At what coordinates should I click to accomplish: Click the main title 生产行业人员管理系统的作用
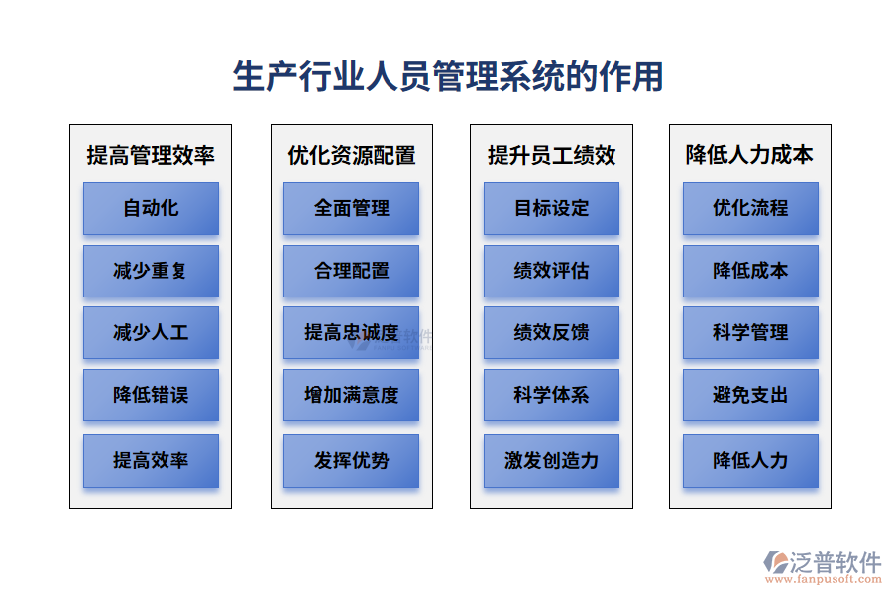click(x=448, y=76)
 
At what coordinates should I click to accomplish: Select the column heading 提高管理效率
click(x=151, y=155)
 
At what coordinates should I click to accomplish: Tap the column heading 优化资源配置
click(x=352, y=155)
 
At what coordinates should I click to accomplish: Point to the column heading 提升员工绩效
click(x=552, y=155)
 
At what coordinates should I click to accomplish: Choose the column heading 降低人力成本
click(x=750, y=155)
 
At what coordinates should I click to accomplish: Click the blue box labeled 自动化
click(x=151, y=208)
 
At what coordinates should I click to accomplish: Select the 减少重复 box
click(x=151, y=271)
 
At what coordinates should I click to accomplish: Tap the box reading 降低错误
click(x=151, y=395)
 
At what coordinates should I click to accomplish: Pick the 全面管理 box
click(x=352, y=208)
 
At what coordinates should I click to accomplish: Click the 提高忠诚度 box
click(x=352, y=333)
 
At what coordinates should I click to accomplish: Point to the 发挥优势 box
click(x=352, y=460)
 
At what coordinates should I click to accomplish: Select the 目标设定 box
click(x=552, y=208)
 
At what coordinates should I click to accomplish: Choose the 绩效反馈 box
click(x=552, y=333)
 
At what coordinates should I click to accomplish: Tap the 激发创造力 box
click(x=552, y=460)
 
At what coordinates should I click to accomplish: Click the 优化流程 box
click(x=750, y=208)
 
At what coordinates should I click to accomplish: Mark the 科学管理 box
click(x=750, y=333)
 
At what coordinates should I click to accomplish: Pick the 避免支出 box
click(x=750, y=395)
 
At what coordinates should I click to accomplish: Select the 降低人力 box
click(x=750, y=460)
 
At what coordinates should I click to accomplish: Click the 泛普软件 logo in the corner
click(x=823, y=562)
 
